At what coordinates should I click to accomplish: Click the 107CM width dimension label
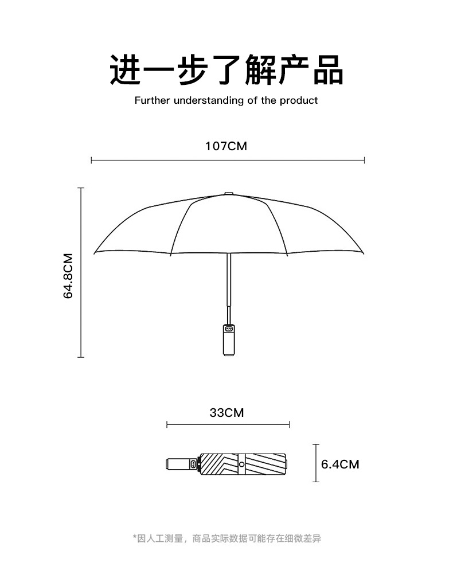[x=226, y=146]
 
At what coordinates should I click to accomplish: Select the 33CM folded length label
[x=226, y=412]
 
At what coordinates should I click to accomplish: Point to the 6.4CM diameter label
[x=340, y=464]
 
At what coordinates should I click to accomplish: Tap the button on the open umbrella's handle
[x=228, y=329]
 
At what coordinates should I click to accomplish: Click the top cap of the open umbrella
[x=228, y=194]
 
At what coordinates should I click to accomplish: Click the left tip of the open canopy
[x=95, y=252]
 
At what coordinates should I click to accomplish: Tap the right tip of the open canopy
[x=362, y=252]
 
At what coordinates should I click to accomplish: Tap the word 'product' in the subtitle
[x=299, y=101]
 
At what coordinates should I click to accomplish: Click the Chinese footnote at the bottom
[x=226, y=538]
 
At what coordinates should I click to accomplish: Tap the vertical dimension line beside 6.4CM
[x=315, y=463]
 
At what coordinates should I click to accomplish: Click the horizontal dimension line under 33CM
[x=228, y=424]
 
